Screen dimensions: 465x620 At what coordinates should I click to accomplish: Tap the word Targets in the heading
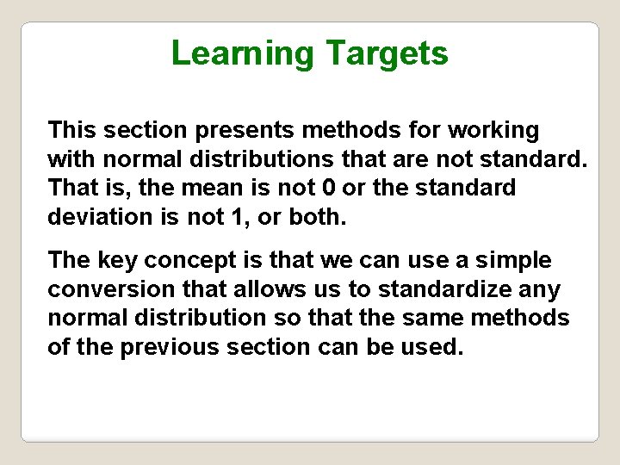click(x=387, y=53)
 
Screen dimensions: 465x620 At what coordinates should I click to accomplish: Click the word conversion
click(x=108, y=288)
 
